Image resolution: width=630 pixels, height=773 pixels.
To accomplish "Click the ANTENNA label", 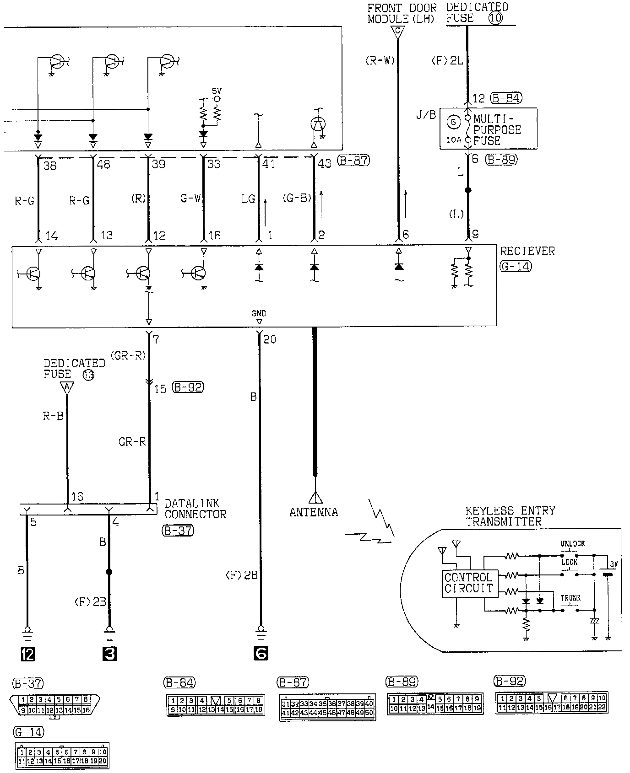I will [x=314, y=512].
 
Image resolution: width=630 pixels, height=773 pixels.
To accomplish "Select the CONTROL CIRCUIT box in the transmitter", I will [x=468, y=583].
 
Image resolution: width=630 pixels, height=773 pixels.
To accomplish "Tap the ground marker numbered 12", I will [x=27, y=655].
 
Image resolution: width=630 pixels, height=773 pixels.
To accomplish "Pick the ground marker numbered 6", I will [x=261, y=654].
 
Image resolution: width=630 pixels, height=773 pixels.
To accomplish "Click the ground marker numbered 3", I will [x=109, y=655].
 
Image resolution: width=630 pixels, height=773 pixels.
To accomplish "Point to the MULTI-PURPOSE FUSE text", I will [x=497, y=130].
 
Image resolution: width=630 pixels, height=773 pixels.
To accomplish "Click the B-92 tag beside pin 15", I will [x=188, y=388].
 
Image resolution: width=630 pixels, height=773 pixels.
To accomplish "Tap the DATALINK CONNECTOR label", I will [x=196, y=509].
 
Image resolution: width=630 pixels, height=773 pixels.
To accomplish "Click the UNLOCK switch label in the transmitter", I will [x=573, y=544].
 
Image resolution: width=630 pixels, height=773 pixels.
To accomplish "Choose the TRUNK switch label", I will [x=570, y=598].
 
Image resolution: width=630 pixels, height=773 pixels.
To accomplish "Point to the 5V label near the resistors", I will [x=217, y=91].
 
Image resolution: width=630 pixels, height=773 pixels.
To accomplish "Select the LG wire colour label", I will [x=248, y=199].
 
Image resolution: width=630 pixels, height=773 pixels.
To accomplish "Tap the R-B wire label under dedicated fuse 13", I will [x=53, y=416].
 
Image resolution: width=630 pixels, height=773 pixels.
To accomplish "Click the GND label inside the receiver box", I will [x=259, y=313].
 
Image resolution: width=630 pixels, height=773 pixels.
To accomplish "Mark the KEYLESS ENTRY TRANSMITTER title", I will [x=510, y=516].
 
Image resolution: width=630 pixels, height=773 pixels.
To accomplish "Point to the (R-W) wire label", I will [x=380, y=60].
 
